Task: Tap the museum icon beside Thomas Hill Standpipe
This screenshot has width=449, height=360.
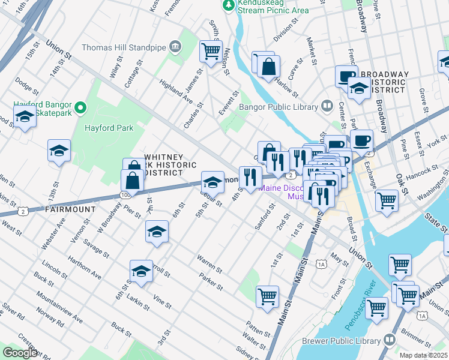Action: [x=175, y=46]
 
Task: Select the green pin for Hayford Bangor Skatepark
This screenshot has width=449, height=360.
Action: [x=82, y=108]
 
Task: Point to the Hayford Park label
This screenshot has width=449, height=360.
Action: [x=109, y=128]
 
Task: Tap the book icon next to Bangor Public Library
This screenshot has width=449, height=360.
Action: [x=327, y=106]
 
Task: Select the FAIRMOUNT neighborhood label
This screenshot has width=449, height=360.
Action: [x=70, y=209]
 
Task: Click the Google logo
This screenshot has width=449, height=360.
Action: [x=20, y=353]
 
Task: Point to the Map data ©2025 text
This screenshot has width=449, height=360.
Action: [x=423, y=355]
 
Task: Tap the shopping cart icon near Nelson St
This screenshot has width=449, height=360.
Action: [x=211, y=52]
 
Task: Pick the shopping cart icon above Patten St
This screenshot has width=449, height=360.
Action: [x=267, y=296]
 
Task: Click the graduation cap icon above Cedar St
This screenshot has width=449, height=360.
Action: [x=212, y=181]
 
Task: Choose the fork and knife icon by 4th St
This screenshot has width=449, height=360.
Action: [x=250, y=176]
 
